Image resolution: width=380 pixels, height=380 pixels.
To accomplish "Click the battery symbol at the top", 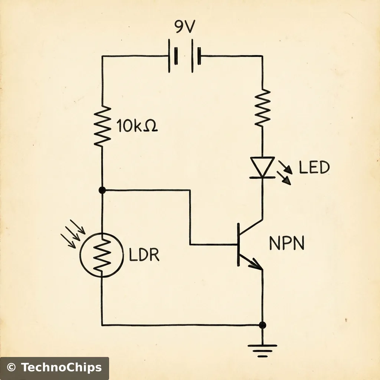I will tap(185, 56).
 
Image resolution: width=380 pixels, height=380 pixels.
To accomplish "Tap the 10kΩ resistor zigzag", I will tap(102, 127).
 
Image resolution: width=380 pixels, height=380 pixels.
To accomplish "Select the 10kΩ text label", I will tap(137, 127).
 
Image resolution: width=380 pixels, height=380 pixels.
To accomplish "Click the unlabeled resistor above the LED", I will tap(262, 107).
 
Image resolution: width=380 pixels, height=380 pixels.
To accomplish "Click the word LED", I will tap(314, 168).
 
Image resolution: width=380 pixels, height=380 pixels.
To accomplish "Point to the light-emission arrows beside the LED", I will tap(286, 172).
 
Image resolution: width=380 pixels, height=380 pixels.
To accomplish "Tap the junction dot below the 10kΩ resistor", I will tap(102, 190).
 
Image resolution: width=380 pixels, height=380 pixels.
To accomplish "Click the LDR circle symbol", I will tap(101, 255).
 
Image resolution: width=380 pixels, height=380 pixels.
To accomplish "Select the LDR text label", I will tap(144, 255).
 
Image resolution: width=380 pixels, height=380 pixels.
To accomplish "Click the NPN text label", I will tap(286, 244).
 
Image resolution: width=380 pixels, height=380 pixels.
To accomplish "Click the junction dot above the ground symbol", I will tap(262, 325).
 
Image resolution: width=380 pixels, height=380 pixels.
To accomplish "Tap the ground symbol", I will tap(262, 350).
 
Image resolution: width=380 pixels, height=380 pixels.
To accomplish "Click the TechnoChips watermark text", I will tap(61, 368).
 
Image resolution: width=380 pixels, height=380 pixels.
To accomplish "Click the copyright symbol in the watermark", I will tap(12, 368).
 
